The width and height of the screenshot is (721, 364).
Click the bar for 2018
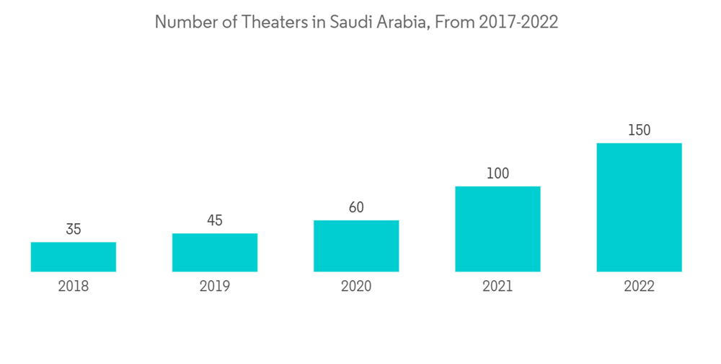click(74, 256)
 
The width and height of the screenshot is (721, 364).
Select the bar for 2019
click(215, 252)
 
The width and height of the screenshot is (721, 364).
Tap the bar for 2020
click(356, 246)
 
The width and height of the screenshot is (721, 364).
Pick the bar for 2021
click(497, 229)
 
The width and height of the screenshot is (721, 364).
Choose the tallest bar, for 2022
click(639, 207)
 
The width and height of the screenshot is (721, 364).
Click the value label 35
click(74, 230)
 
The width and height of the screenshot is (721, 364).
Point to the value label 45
click(215, 220)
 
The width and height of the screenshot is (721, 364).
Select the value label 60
click(356, 208)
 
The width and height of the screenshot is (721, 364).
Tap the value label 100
click(497, 173)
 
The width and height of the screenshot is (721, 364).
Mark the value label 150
click(639, 130)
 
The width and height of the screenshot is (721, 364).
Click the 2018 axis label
click(74, 287)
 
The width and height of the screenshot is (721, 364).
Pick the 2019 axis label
click(215, 287)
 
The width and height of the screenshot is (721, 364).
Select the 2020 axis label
click(356, 287)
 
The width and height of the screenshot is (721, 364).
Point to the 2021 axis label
click(497, 287)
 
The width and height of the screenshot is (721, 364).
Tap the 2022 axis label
click(639, 287)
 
